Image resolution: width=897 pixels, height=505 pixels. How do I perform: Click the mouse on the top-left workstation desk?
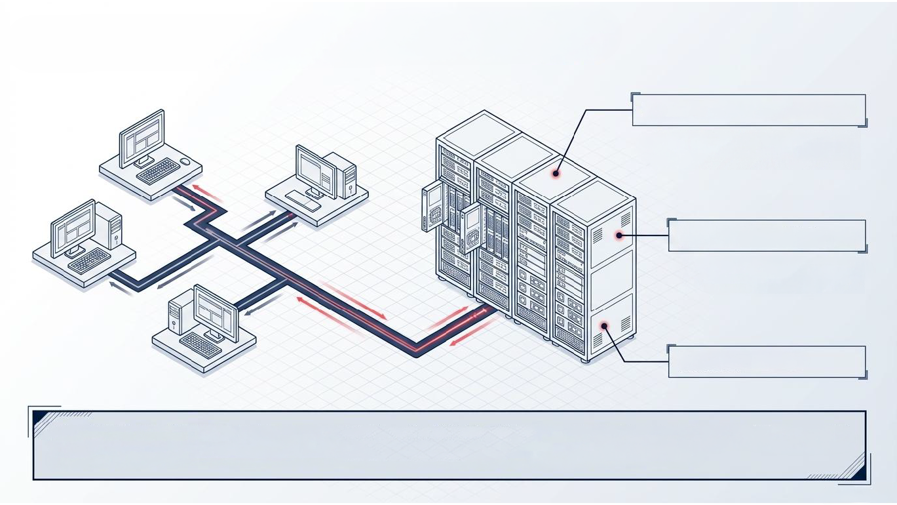tap(186, 161)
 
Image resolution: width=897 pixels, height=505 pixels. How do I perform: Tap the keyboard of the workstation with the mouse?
tap(157, 171)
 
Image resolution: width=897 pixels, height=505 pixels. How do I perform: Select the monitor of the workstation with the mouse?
tap(141, 138)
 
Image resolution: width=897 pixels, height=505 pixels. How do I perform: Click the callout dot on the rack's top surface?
tap(556, 174)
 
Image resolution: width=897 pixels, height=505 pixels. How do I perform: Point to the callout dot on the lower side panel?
tap(605, 325)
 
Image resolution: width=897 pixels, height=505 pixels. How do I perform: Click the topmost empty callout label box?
tap(748, 110)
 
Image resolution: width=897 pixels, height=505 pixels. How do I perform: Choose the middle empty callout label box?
tap(767, 235)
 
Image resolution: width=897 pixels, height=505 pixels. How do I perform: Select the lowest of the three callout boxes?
tap(767, 361)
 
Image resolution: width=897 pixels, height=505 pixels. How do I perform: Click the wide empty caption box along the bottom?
tap(449, 445)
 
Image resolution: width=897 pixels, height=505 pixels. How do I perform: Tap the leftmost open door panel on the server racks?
tap(433, 206)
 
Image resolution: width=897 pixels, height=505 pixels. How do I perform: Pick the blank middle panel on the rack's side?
tap(612, 275)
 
